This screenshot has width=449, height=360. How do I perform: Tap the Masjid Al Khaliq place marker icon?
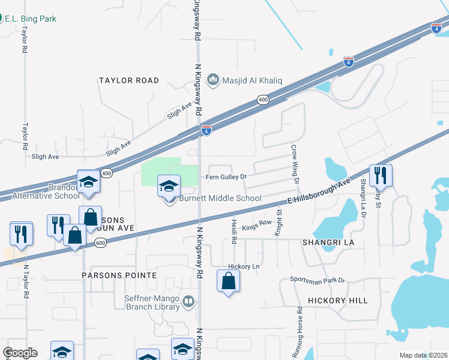pos(212,80)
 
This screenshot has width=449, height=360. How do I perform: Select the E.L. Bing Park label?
pos(30,19)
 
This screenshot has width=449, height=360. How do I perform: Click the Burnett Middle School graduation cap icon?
pos(169,186)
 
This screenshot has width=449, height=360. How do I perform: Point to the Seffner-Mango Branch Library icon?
pos(188,301)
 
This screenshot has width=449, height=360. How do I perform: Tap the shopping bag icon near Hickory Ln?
pos(228,281)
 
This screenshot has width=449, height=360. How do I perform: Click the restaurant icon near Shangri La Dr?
pos(381,176)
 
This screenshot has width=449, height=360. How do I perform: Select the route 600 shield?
pos(100,242)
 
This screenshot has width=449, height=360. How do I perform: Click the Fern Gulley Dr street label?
pos(226,177)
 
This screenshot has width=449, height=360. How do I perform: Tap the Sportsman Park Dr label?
pos(318,280)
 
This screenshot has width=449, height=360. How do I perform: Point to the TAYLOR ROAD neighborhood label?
pos(129,80)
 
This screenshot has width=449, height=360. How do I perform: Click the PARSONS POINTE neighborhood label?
pos(119,275)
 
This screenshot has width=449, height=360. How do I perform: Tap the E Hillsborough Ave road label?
pos(318,192)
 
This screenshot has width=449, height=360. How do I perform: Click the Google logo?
pos(20,353)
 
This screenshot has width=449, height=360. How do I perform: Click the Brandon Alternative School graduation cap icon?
pos(88,181)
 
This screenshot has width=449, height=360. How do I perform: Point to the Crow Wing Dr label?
pos(295,163)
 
